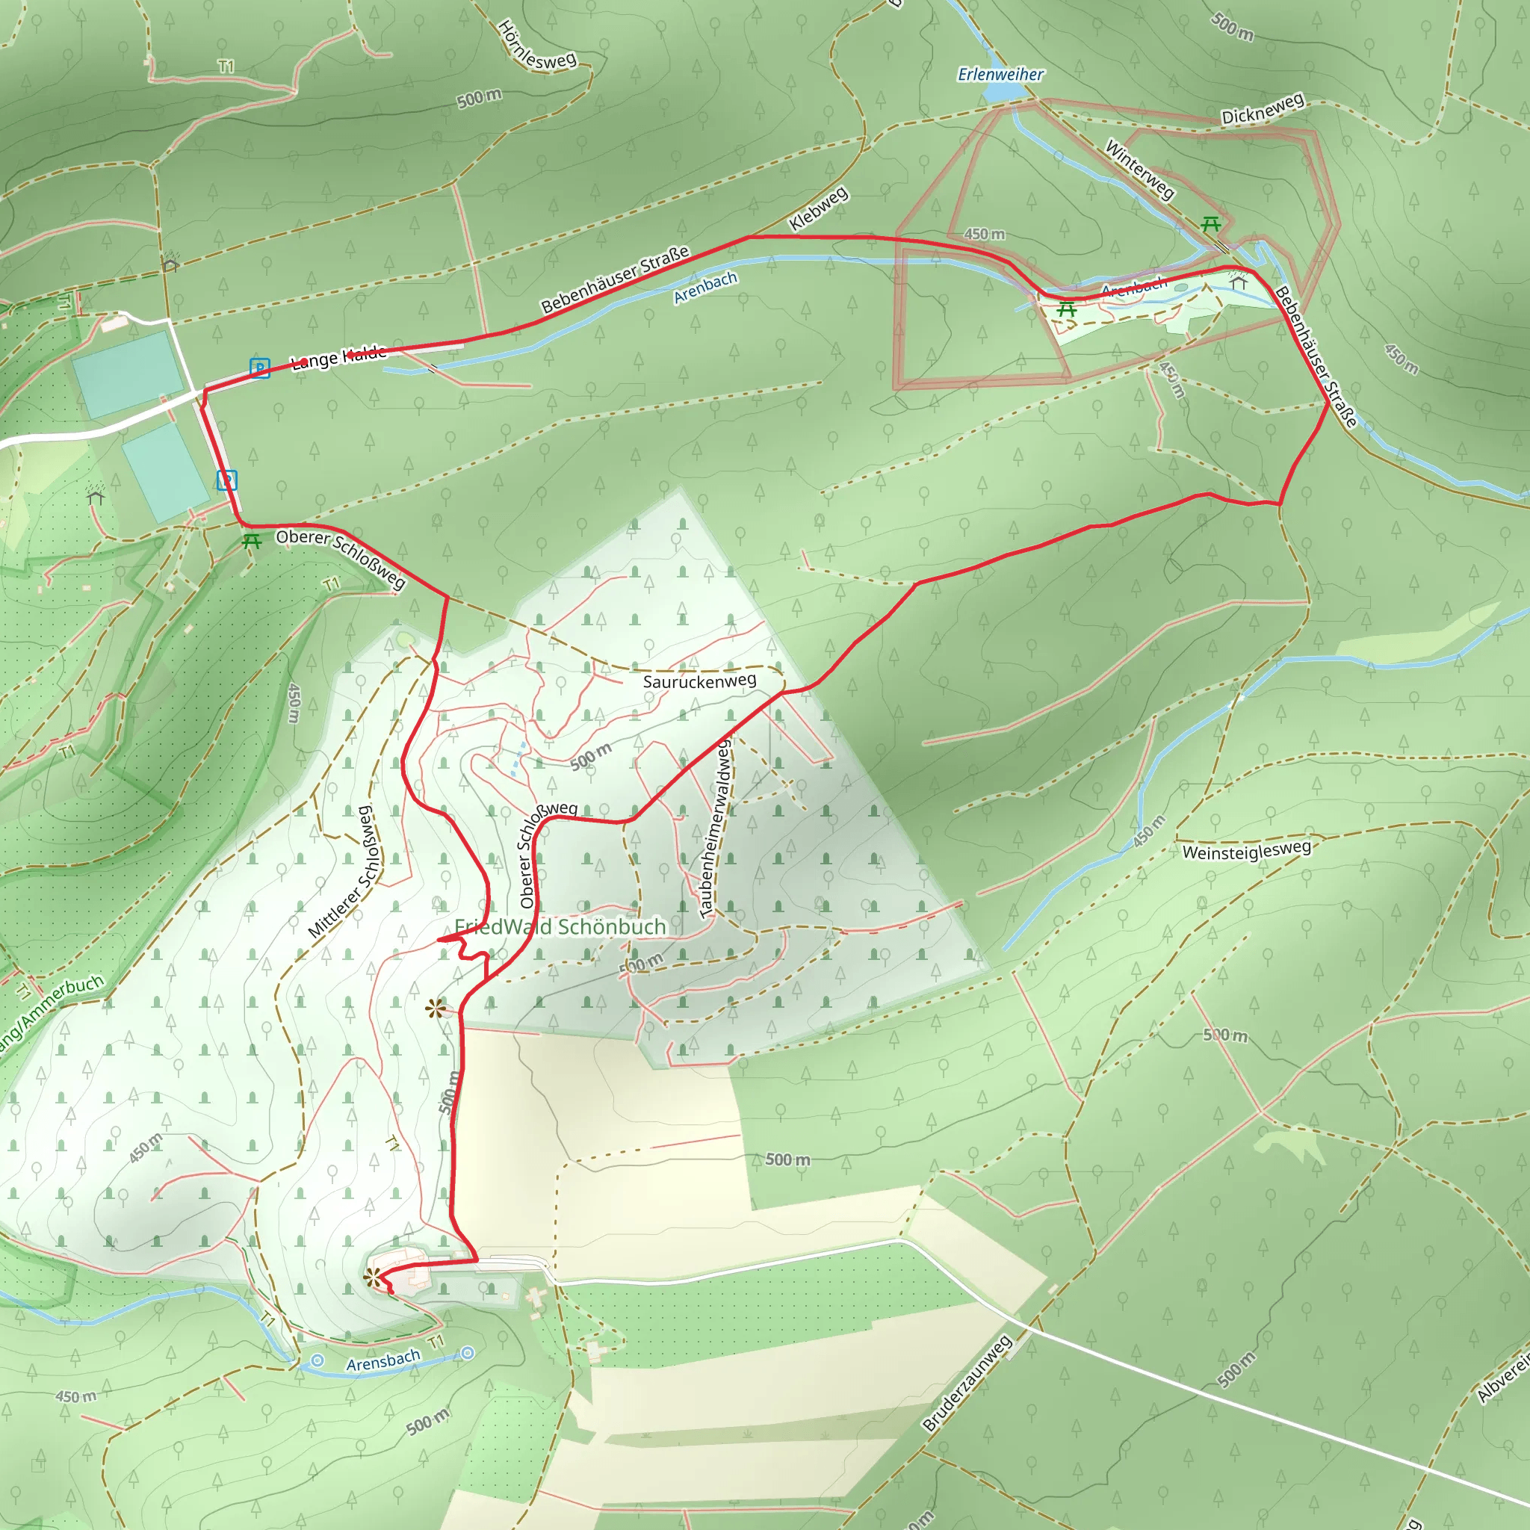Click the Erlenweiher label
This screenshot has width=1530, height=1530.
tap(1000, 75)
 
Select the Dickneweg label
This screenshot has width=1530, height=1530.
tap(1263, 109)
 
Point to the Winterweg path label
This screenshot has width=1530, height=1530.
tap(1139, 169)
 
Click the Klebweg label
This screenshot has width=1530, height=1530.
tap(819, 209)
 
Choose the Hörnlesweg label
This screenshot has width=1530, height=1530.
tap(537, 48)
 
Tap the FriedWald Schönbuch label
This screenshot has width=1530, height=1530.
tap(560, 926)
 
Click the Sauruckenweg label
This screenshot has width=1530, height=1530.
tap(699, 681)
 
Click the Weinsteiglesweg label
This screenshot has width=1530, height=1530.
tap(1247, 850)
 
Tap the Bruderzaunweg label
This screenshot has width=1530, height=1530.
tap(967, 1383)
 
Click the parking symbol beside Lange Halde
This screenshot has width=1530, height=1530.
tap(260, 368)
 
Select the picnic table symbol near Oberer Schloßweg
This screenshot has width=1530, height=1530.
tap(252, 542)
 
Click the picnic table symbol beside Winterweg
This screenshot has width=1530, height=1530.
tap(1210, 225)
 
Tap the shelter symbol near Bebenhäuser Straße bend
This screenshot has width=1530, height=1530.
tap(1238, 282)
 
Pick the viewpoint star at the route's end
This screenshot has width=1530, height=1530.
tap(372, 1276)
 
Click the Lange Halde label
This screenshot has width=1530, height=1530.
tap(339, 358)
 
